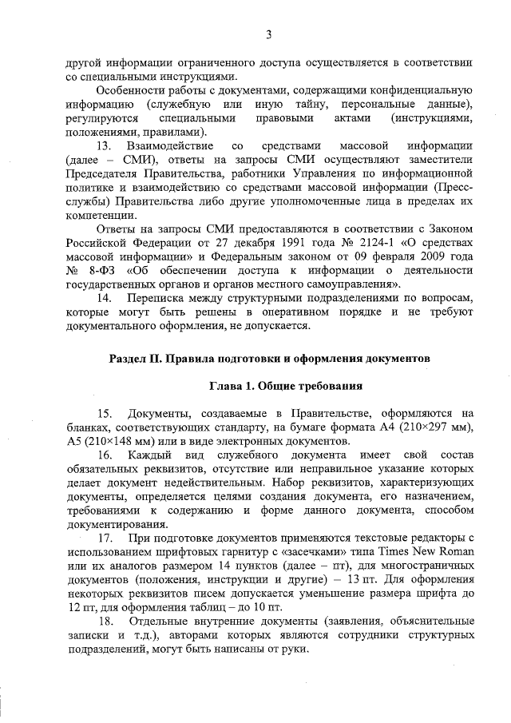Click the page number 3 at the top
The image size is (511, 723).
(x=269, y=34)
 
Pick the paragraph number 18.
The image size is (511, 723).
(x=105, y=621)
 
